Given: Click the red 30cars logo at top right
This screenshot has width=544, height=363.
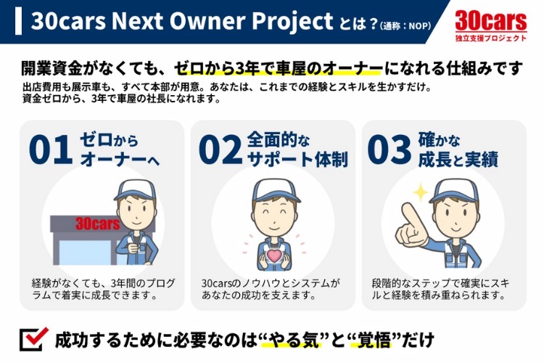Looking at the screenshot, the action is pos(491,20).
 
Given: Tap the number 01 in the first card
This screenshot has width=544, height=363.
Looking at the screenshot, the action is pos(51,150).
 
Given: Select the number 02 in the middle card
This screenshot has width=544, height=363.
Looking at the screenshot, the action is pos(221,150).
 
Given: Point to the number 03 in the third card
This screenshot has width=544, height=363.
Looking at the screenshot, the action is pos(390,150).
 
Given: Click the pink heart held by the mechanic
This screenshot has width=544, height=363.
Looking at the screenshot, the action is pos(274,256).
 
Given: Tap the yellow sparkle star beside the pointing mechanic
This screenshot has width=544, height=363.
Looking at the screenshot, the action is pos(421,192).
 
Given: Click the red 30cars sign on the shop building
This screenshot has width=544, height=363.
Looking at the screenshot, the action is pos(97,224).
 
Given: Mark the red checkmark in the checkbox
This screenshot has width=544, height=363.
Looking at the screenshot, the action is pos(36,336).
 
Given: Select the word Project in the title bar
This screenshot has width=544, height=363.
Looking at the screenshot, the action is pos(292,21).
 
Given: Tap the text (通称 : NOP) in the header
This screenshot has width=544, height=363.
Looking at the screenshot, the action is pos(405,26).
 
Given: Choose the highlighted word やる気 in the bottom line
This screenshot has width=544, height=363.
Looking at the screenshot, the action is pos(292,339).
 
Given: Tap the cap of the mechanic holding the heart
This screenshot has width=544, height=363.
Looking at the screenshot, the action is pos(276,190).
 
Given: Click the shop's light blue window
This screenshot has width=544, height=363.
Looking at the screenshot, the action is pos(78,253).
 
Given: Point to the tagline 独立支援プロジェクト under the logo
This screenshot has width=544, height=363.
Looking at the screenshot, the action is pos(491,38).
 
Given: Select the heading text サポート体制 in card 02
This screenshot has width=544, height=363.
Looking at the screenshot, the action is pos(297,160).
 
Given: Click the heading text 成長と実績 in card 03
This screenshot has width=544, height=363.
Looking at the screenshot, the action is pos(458,160).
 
